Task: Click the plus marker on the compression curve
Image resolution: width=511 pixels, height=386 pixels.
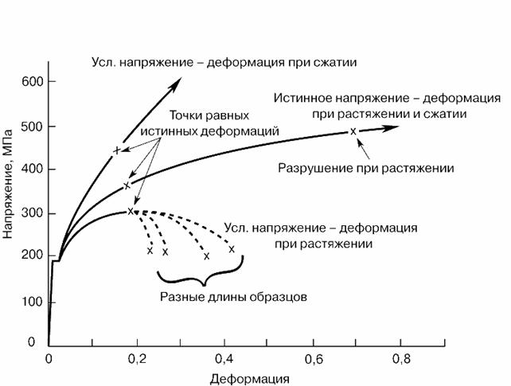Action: tap(118, 150)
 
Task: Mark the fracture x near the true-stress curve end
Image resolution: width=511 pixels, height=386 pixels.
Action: tap(353, 131)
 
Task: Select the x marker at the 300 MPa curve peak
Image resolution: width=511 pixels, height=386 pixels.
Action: tap(131, 211)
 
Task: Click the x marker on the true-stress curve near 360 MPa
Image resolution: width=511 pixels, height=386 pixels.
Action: tap(126, 185)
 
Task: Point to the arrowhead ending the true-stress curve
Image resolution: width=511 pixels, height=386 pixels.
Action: tap(395, 127)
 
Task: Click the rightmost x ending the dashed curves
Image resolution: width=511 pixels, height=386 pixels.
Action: tap(232, 249)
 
